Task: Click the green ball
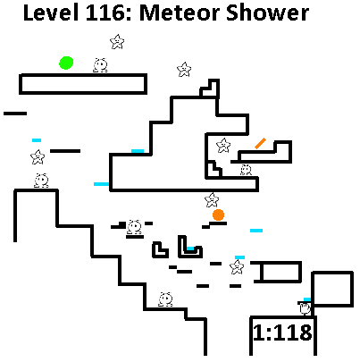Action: pyautogui.click(x=66, y=63)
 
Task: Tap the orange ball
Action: pyautogui.click(x=218, y=215)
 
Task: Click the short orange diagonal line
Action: pyautogui.click(x=260, y=143)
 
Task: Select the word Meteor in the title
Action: pyautogui.click(x=180, y=13)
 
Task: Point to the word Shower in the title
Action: pyautogui.click(x=267, y=13)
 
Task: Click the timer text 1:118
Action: pyautogui.click(x=282, y=333)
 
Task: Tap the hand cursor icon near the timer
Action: pyautogui.click(x=306, y=308)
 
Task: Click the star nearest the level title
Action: pyautogui.click(x=117, y=42)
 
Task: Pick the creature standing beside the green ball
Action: pyautogui.click(x=100, y=65)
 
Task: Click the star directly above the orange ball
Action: pyautogui.click(x=212, y=200)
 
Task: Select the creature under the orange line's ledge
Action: pyautogui.click(x=246, y=170)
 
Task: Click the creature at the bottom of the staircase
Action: pyautogui.click(x=165, y=299)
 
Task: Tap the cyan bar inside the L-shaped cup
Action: pyautogui.click(x=190, y=248)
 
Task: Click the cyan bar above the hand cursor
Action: pyautogui.click(x=307, y=299)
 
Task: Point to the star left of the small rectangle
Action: pyautogui.click(x=237, y=267)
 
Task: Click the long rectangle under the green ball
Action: pyautogui.click(x=83, y=84)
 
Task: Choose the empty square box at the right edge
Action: pyautogui.click(x=332, y=289)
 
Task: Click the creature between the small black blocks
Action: pyautogui.click(x=134, y=227)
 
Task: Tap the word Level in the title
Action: pyautogui.click(x=51, y=13)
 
